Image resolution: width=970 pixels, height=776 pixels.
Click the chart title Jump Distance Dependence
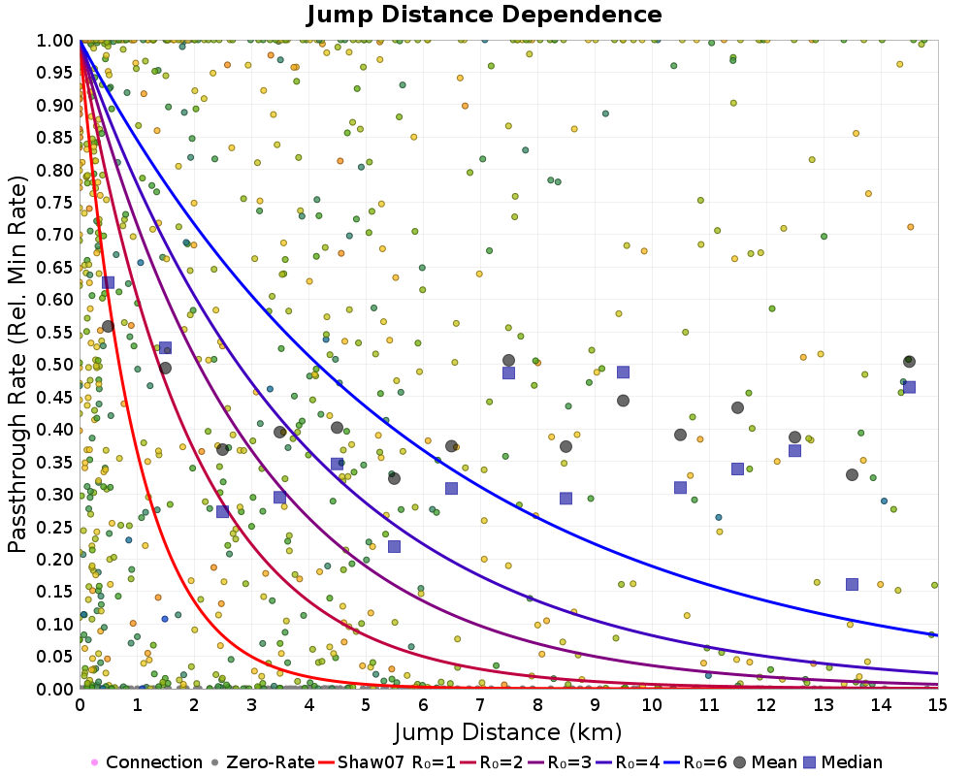[x=484, y=15]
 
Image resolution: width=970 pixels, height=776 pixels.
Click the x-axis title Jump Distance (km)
[x=508, y=730]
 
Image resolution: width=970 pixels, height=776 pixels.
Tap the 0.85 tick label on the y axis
[x=55, y=138]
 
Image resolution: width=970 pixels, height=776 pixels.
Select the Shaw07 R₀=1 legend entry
[x=371, y=762]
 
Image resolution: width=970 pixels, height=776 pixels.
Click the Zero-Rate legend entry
[x=264, y=762]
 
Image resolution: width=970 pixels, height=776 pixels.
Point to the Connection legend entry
[x=146, y=762]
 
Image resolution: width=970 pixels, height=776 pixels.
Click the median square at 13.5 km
[x=852, y=584]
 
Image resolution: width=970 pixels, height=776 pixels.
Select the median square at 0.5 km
[x=109, y=282]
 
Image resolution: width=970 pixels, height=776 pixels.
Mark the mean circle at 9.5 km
[x=623, y=401]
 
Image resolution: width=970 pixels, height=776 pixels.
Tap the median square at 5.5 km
[x=394, y=546]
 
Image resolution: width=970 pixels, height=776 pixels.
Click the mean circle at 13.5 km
[x=852, y=474]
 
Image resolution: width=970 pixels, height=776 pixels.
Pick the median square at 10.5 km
[x=680, y=487]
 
